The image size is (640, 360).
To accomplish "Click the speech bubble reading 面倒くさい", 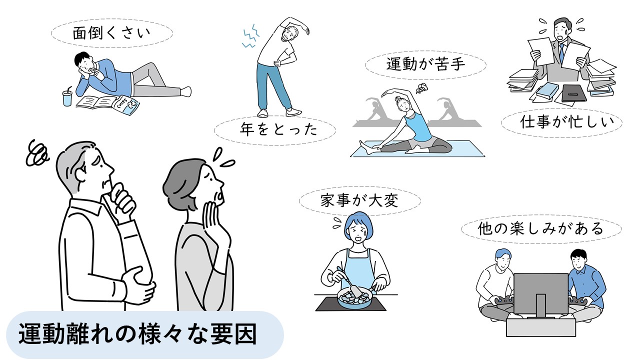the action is click(112, 33).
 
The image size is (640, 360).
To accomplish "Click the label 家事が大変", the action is click(360, 200).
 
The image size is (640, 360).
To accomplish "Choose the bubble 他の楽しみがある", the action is click(541, 229).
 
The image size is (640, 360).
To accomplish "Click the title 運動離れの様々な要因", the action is click(137, 334).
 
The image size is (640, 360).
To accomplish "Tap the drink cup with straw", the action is click(67, 96).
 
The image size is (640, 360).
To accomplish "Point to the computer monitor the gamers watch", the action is click(541, 295).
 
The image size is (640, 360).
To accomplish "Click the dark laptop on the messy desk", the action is click(573, 93).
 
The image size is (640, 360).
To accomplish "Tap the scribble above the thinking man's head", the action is click(36, 153).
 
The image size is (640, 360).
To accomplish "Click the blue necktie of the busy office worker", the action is click(562, 53).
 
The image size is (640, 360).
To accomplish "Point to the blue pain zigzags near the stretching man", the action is click(250, 36).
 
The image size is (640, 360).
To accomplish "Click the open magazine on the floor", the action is click(97, 101).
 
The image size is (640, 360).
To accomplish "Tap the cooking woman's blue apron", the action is click(356, 270).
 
